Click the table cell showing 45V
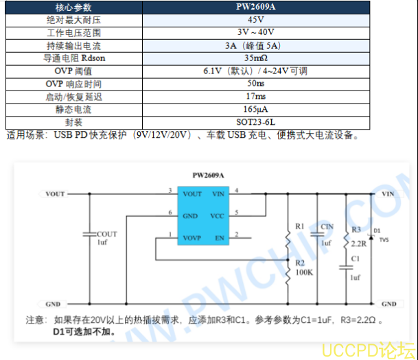[256, 20]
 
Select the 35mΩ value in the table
[256, 58]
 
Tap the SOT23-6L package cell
[256, 122]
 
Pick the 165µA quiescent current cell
[256, 109]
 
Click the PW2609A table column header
[256, 7]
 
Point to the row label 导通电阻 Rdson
[74, 58]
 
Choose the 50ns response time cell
[256, 84]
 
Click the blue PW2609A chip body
[203, 216]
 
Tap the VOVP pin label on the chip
[192, 238]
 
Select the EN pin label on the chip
[220, 238]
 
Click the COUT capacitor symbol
[89, 235]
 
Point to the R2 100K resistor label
[304, 267]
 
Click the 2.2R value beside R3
[358, 243]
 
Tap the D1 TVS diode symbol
[371, 237]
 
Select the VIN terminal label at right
[388, 194]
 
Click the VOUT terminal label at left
[55, 194]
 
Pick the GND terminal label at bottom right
[388, 304]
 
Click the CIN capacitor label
[327, 226]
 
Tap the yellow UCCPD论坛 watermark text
[369, 350]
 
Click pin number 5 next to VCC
[237, 213]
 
